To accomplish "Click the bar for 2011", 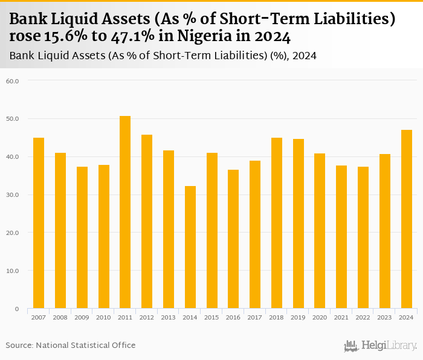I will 125,212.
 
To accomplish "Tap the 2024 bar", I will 406,219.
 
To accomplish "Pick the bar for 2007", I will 39,223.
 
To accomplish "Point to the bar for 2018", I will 277,223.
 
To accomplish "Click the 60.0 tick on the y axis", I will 12,80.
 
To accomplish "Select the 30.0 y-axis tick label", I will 12,194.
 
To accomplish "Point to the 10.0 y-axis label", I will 12,271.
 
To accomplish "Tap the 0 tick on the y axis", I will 17,309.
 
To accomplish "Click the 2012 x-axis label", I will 147,317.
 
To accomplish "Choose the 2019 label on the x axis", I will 298,317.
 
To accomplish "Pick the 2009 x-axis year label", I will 82,317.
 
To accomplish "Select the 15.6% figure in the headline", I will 65,37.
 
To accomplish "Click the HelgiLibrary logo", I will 380,346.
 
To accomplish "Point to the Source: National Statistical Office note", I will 71,345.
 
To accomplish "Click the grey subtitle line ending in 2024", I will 163,56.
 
